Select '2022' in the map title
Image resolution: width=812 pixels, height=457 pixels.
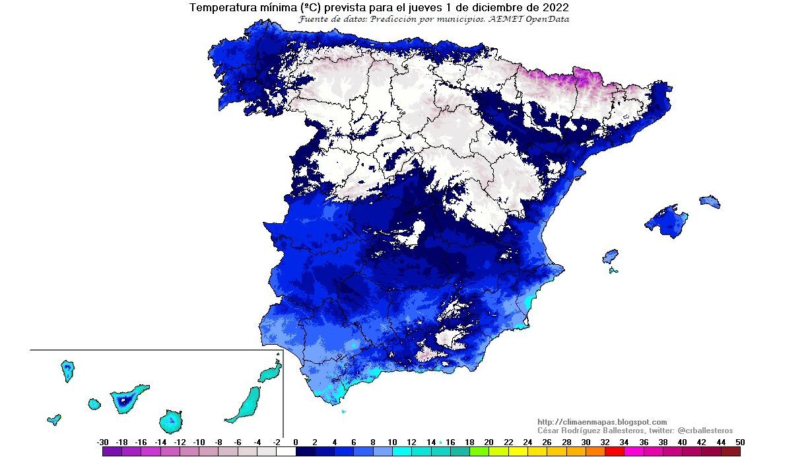(x=554, y=8)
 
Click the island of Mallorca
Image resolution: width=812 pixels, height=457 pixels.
(x=666, y=220)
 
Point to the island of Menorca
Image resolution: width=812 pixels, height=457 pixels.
(x=710, y=201)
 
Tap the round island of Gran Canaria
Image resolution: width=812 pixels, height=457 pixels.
(x=171, y=420)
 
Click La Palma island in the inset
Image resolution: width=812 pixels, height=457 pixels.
(x=67, y=370)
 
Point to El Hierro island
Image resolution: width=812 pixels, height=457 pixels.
(x=54, y=419)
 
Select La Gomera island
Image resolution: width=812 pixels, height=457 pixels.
(x=94, y=404)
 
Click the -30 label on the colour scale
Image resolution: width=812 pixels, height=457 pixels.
(x=102, y=442)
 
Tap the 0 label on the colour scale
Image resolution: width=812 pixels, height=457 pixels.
(x=296, y=442)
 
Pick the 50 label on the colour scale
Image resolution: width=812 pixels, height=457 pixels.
(x=740, y=442)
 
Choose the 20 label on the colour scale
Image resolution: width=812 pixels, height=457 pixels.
(x=489, y=442)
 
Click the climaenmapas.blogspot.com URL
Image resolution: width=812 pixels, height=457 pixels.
(x=602, y=422)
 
